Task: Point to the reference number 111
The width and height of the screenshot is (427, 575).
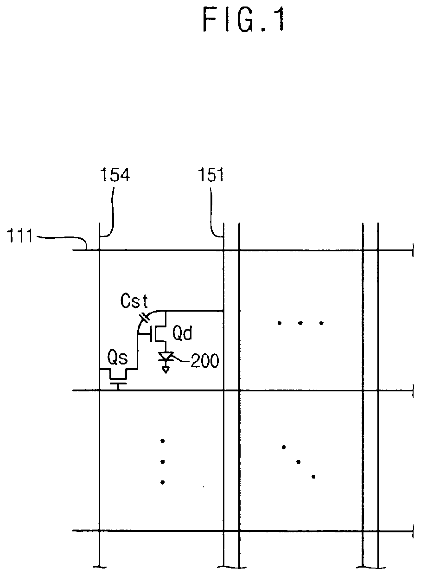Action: tap(19, 237)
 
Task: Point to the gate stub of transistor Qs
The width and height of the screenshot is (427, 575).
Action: tap(119, 384)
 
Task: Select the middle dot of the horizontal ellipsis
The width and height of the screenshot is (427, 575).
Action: tap(300, 323)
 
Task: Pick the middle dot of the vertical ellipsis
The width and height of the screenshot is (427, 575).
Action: tap(162, 461)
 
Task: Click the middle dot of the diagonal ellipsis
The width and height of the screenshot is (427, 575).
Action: tap(298, 461)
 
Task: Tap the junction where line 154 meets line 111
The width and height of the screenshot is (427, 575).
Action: tap(100, 250)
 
